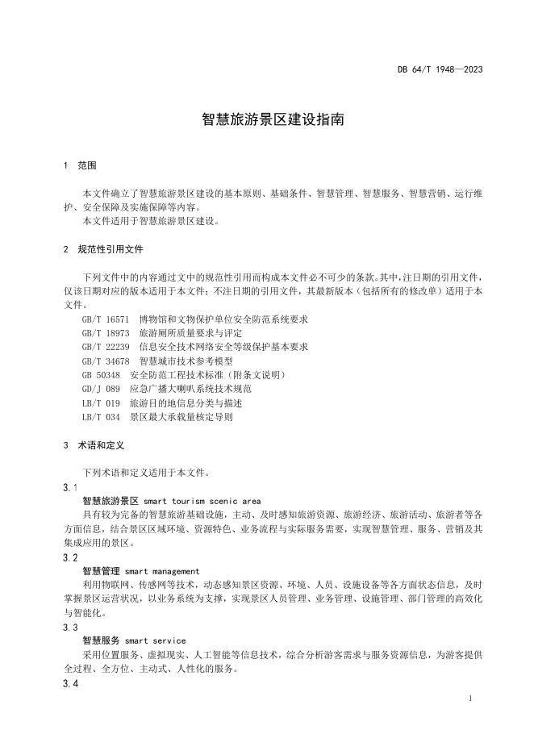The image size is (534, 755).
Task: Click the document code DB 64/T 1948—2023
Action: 440,69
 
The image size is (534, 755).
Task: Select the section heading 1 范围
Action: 80,165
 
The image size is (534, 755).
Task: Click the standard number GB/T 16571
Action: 106,319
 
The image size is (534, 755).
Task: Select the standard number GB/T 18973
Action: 106,333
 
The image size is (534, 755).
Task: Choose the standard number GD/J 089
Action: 101,389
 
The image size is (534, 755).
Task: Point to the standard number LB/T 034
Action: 101,417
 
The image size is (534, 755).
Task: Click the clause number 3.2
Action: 70,557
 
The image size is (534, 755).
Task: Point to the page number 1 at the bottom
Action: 470,699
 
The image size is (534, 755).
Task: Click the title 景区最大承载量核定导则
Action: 181,417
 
